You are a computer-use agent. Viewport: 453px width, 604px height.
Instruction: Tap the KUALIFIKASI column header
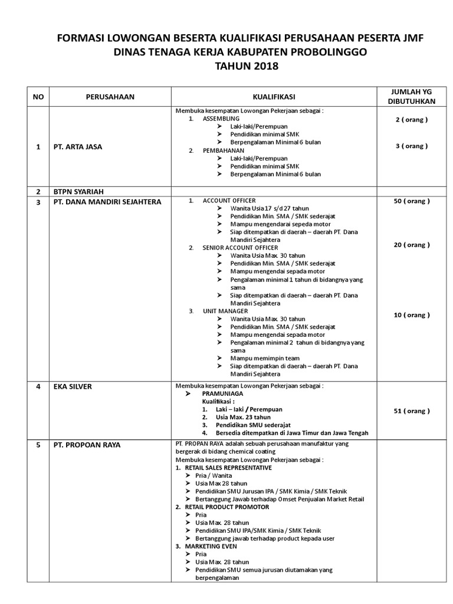[x=274, y=97]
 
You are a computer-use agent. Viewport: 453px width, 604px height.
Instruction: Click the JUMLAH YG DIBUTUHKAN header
[x=412, y=96]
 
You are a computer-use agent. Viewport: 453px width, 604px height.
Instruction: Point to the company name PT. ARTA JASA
[x=77, y=147]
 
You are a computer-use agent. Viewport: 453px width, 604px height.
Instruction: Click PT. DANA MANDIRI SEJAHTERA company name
[x=107, y=202]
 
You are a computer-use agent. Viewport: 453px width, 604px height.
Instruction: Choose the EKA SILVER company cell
[x=73, y=386]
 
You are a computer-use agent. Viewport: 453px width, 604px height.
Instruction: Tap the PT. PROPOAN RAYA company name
[x=87, y=445]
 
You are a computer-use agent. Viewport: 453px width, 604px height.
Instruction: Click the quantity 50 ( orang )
[x=412, y=201]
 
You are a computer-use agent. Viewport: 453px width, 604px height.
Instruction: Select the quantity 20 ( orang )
[x=412, y=245]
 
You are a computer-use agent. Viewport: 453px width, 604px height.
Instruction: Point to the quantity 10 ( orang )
[x=412, y=315]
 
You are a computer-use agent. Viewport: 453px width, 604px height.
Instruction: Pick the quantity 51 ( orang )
[x=412, y=411]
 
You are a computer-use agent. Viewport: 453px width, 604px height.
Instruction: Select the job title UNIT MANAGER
[x=225, y=311]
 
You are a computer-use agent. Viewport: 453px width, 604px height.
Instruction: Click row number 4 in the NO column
[x=38, y=386]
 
